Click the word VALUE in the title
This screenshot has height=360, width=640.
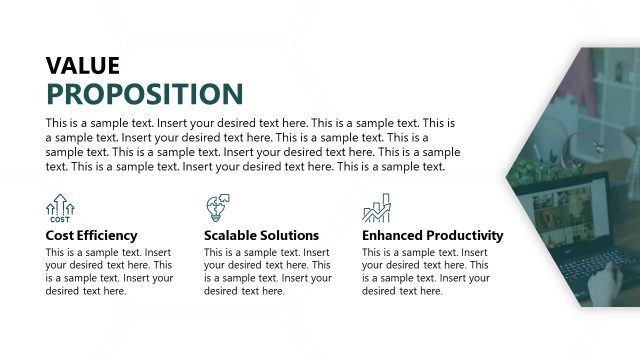[83, 66]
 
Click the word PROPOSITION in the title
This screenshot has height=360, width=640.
[144, 94]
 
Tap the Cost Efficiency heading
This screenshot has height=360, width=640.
[91, 236]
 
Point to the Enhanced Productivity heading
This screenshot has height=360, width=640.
[432, 236]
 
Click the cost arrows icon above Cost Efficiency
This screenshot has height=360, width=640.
[60, 208]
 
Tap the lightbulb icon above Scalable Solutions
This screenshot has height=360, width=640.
[217, 208]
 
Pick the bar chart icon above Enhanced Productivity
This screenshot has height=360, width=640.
[376, 208]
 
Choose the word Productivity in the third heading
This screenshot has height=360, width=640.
[464, 236]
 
